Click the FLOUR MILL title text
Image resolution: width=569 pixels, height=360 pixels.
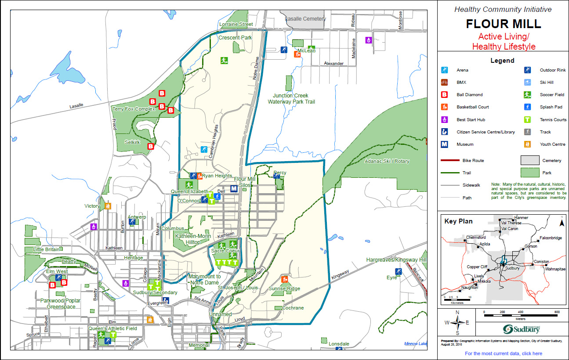click(503, 23)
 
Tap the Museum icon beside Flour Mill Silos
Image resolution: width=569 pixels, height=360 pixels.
click(234, 188)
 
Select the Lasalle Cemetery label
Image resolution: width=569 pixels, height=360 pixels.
click(305, 19)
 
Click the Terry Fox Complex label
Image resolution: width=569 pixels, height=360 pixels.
click(134, 109)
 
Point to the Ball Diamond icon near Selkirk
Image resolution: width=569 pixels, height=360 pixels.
click(151, 146)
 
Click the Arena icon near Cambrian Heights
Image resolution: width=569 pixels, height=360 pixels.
click(204, 149)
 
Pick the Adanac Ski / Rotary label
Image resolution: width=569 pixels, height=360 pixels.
click(387, 161)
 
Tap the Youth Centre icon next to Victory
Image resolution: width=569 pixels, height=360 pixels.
click(108, 205)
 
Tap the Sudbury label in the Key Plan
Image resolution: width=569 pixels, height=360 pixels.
click(512, 268)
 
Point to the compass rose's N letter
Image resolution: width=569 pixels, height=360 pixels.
click(457, 313)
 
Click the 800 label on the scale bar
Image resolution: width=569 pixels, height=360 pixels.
click(557, 312)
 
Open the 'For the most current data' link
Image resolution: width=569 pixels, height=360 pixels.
click(503, 353)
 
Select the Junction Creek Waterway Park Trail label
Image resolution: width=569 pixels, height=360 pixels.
click(290, 99)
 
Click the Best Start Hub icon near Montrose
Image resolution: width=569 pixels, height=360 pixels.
click(369, 40)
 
